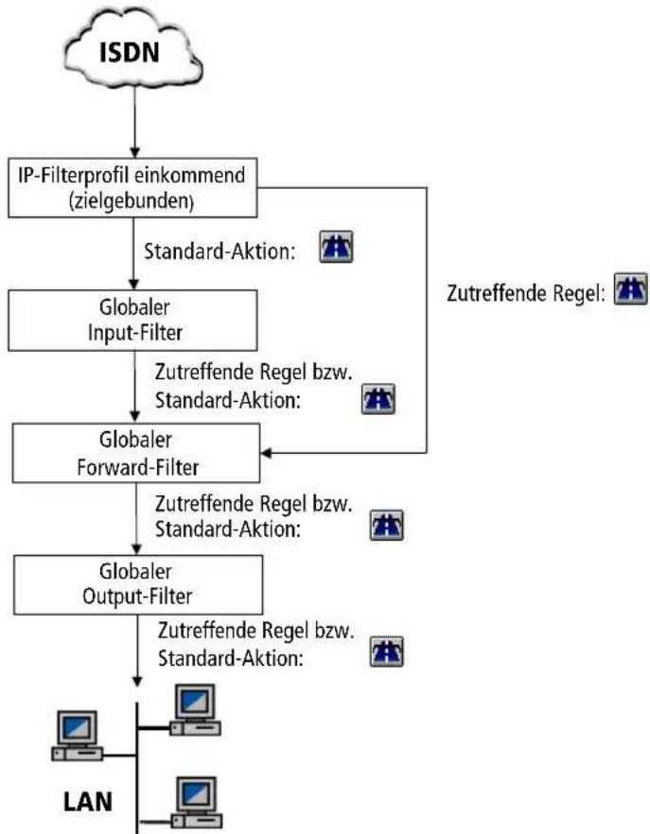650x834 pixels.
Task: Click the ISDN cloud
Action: pyautogui.click(x=132, y=50)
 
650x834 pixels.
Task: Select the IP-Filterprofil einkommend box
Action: pyautogui.click(x=132, y=188)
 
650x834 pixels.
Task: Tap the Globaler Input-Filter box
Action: pyautogui.click(x=132, y=321)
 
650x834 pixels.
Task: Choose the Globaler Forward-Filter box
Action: pyautogui.click(x=136, y=453)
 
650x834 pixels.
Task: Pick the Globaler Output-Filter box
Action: pyautogui.click(x=138, y=585)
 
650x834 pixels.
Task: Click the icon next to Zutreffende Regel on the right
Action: pyautogui.click(x=631, y=288)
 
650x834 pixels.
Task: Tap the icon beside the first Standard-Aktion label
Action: pyautogui.click(x=336, y=247)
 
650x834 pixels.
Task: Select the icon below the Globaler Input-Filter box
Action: pyautogui.click(x=378, y=399)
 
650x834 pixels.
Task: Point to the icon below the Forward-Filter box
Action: pyautogui.click(x=386, y=526)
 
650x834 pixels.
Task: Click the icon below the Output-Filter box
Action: pyautogui.click(x=386, y=652)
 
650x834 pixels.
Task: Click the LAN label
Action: pyautogui.click(x=88, y=802)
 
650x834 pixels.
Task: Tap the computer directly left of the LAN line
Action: pyautogui.click(x=77, y=736)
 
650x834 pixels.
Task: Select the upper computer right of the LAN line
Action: pyautogui.click(x=195, y=711)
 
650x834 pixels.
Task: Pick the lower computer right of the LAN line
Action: pyautogui.click(x=197, y=803)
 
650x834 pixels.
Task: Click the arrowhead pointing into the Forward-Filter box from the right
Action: pyautogui.click(x=266, y=453)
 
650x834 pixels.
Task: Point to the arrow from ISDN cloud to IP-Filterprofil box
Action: pyautogui.click(x=134, y=122)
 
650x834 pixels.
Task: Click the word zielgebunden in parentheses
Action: pyautogui.click(x=132, y=201)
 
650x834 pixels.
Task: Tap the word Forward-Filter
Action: pyautogui.click(x=138, y=467)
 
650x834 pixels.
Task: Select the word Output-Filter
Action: pyautogui.click(x=137, y=597)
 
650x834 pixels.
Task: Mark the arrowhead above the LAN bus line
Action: pyautogui.click(x=137, y=681)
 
